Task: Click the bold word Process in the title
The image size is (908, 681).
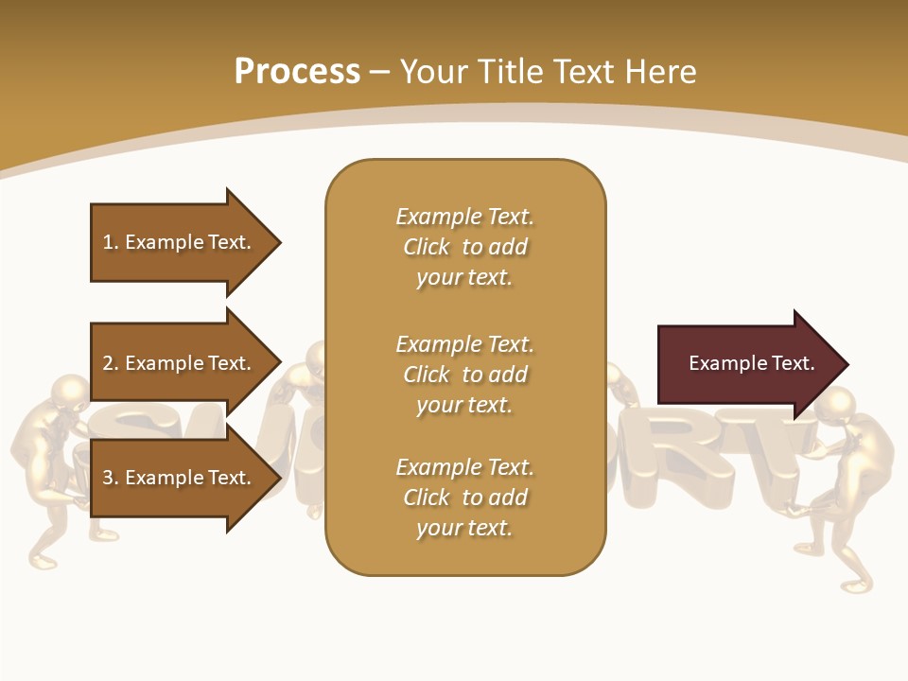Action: tap(297, 71)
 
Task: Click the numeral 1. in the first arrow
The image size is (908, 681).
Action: tap(111, 242)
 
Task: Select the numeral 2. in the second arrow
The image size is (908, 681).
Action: tap(111, 363)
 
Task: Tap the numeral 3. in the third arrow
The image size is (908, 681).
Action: tap(111, 478)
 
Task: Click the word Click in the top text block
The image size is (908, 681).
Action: tap(426, 247)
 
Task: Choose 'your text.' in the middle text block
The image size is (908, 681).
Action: tap(464, 405)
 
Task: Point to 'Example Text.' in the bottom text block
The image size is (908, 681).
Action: tap(464, 467)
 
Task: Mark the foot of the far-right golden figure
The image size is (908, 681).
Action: tap(856, 585)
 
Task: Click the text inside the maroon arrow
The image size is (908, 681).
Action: tap(751, 363)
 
